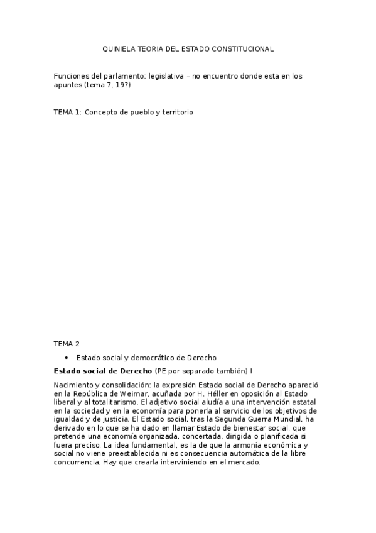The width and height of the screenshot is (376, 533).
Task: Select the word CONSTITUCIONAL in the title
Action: tap(247, 48)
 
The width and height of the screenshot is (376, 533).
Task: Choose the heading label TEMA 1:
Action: tap(68, 112)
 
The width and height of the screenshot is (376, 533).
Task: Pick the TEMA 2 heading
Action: tap(67, 344)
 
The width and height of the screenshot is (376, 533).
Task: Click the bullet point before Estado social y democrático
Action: tap(67, 357)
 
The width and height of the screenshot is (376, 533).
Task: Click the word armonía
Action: tap(242, 444)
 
